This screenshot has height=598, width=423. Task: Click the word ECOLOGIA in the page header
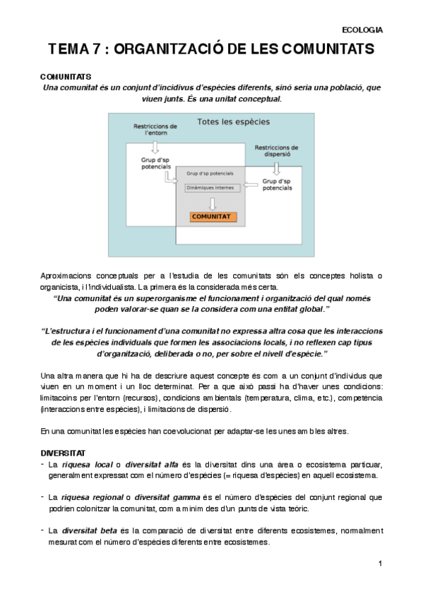(362, 30)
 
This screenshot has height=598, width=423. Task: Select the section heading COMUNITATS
(65, 76)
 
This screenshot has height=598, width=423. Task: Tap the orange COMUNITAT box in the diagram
(213, 217)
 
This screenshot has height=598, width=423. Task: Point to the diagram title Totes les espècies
(233, 122)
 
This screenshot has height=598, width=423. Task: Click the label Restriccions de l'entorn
(155, 129)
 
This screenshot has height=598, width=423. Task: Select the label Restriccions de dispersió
(275, 152)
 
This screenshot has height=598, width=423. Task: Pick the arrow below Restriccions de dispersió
(276, 168)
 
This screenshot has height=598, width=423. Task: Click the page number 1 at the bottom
(379, 563)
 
